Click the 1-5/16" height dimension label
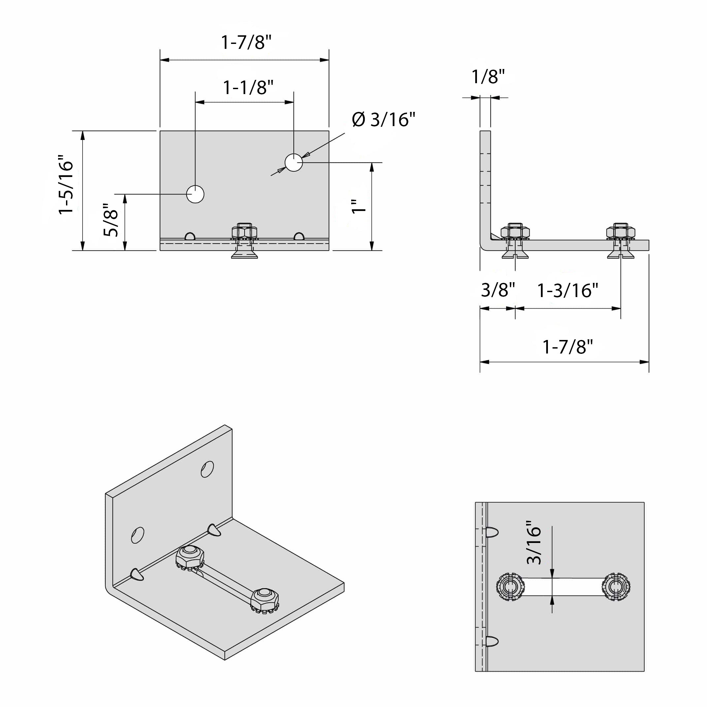(67, 185)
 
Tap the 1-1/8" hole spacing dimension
(248, 88)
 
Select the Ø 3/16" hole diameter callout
(384, 120)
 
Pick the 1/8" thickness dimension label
(488, 77)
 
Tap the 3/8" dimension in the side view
(498, 290)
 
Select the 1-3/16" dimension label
(567, 290)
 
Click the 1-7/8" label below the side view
(567, 347)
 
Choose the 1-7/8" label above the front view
(246, 43)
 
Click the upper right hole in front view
(293, 162)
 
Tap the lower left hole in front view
(195, 194)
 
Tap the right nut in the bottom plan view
(616, 587)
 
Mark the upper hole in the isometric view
(207, 469)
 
